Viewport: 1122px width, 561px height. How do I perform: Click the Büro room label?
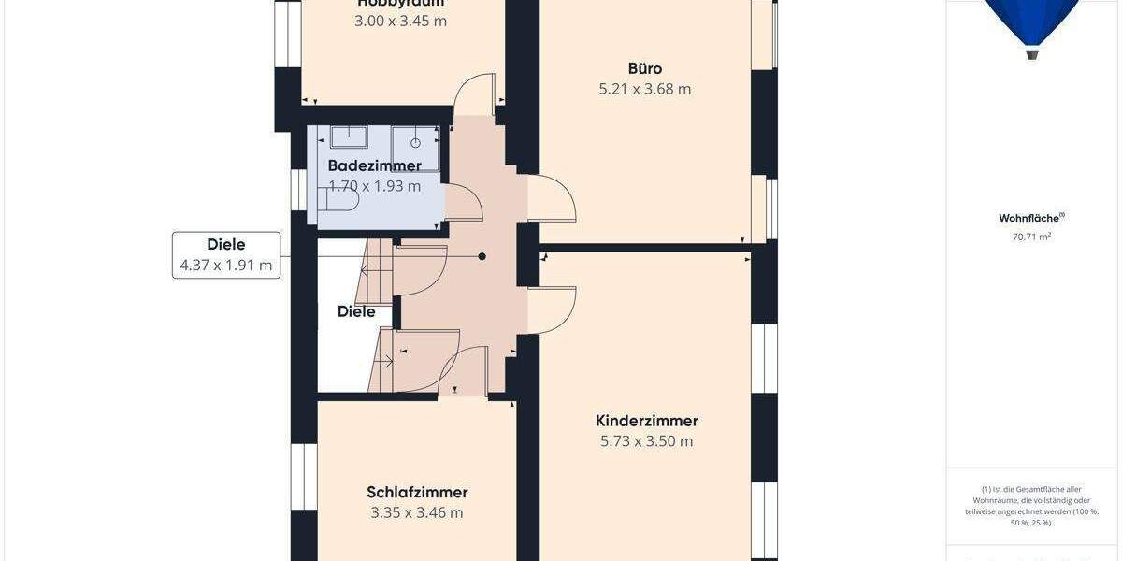click(645, 68)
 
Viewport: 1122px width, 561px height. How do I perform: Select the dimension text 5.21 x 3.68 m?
click(645, 90)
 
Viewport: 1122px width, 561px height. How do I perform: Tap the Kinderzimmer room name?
click(647, 421)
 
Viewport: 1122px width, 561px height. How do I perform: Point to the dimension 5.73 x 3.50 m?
click(647, 441)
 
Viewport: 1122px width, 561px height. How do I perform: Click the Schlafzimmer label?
click(417, 492)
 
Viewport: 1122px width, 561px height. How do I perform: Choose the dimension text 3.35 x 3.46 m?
click(417, 512)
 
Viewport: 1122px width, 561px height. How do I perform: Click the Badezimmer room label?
click(374, 165)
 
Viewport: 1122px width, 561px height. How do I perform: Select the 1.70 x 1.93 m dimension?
click(374, 186)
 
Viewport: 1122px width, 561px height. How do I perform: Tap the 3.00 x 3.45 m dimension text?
click(400, 21)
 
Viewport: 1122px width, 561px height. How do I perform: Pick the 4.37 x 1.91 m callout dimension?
click(226, 266)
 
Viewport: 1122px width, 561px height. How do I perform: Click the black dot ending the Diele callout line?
click(482, 256)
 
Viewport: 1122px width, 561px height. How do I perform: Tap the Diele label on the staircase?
click(356, 311)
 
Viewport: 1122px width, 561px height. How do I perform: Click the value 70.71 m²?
click(1031, 237)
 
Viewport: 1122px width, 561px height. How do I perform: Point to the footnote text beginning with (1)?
click(1031, 506)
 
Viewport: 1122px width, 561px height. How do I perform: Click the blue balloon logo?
click(1032, 23)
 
